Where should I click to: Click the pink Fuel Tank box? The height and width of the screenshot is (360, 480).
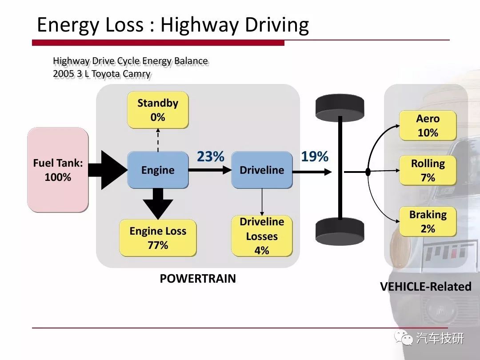[x=58, y=170]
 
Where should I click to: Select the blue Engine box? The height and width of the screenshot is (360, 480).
[x=158, y=170]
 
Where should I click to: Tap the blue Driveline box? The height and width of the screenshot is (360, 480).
[x=262, y=170]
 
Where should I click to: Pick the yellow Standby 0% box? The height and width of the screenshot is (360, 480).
[x=158, y=110]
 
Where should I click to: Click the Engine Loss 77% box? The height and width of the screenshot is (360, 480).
[x=158, y=238]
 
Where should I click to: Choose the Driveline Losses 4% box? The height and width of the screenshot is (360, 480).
[x=262, y=236]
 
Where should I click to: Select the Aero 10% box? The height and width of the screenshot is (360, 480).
[x=428, y=125]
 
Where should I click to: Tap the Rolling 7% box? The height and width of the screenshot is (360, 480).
[x=428, y=171]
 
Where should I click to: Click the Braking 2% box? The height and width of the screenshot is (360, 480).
[x=428, y=222]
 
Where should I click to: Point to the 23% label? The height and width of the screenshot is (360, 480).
[x=211, y=156]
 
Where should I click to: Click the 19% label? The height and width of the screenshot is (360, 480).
[x=315, y=156]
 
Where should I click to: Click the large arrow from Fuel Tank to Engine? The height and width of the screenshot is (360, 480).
[x=108, y=170]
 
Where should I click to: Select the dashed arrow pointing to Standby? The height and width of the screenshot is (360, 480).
[x=158, y=140]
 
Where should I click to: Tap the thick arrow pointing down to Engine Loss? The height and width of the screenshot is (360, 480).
[x=158, y=204]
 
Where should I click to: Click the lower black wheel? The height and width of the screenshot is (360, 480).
[x=340, y=232]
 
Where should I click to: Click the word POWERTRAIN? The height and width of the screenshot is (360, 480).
[x=198, y=279]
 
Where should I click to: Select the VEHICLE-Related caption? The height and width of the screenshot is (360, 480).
[x=425, y=287]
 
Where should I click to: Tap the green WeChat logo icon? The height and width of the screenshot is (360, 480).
[x=404, y=337]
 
